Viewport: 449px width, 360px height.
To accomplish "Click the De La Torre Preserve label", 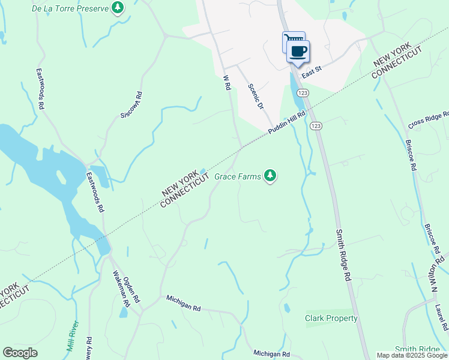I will [x=71, y=8].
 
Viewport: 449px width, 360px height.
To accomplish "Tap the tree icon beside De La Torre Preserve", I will [x=119, y=8].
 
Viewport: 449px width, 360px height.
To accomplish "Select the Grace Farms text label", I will [x=238, y=177].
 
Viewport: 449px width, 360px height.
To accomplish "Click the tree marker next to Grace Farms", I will [x=271, y=176].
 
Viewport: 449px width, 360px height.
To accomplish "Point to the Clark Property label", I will [x=331, y=318].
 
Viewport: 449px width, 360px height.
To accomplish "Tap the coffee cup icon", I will [x=298, y=50].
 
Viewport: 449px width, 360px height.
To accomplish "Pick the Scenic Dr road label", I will [x=256, y=95].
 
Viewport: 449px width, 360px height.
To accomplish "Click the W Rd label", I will [x=227, y=83].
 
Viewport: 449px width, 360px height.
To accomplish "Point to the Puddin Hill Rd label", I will [x=287, y=122].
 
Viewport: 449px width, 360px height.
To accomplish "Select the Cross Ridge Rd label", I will [x=428, y=120].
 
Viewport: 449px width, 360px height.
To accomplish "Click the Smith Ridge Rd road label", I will [x=343, y=256].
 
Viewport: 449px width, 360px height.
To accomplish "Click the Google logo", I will [x=20, y=353].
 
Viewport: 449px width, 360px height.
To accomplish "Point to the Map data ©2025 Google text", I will [x=412, y=355].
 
